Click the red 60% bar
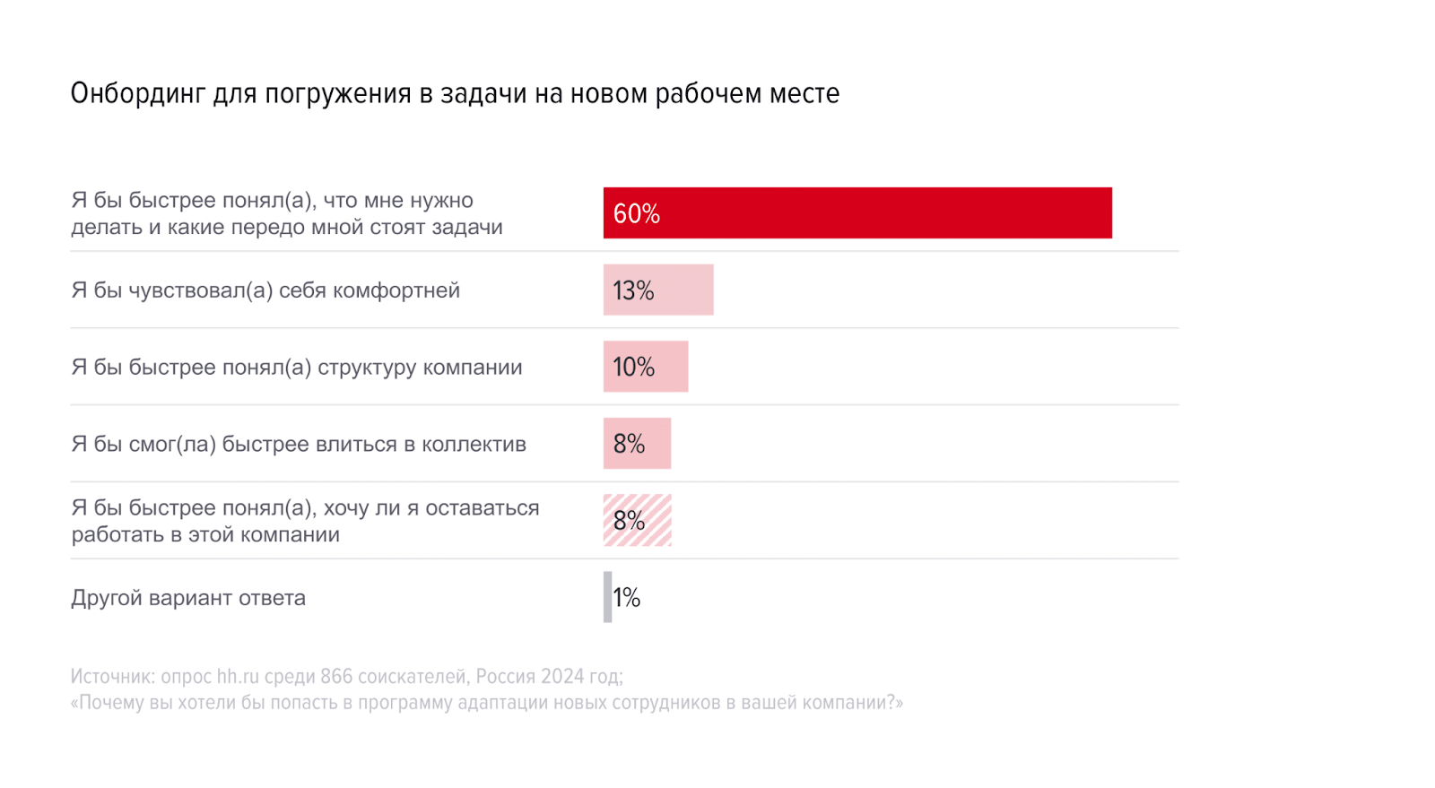(x=857, y=212)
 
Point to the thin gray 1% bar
(x=607, y=597)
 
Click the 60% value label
(x=636, y=213)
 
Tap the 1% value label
(x=627, y=597)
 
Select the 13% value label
(x=633, y=290)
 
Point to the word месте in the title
(x=805, y=93)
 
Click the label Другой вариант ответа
(x=188, y=598)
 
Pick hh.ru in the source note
(x=238, y=676)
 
